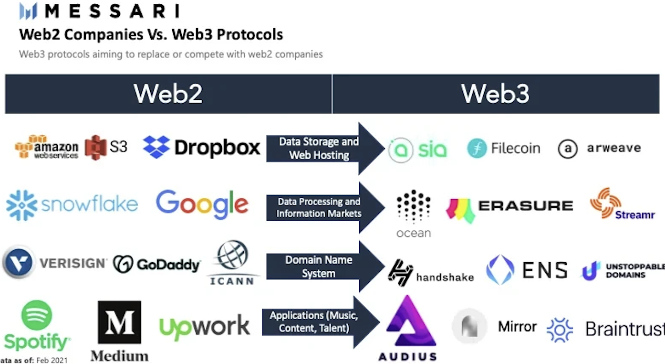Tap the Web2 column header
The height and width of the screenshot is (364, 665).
[168, 94]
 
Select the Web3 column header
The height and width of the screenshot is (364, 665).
[495, 94]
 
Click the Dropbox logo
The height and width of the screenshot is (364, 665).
[201, 148]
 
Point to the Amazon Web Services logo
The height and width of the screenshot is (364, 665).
[47, 147]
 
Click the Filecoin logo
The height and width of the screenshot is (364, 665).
[504, 149]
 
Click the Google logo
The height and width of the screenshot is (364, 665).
[202, 204]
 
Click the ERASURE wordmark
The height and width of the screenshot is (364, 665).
[525, 206]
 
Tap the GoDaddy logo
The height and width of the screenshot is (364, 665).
[157, 264]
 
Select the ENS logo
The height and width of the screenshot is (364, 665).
[527, 270]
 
